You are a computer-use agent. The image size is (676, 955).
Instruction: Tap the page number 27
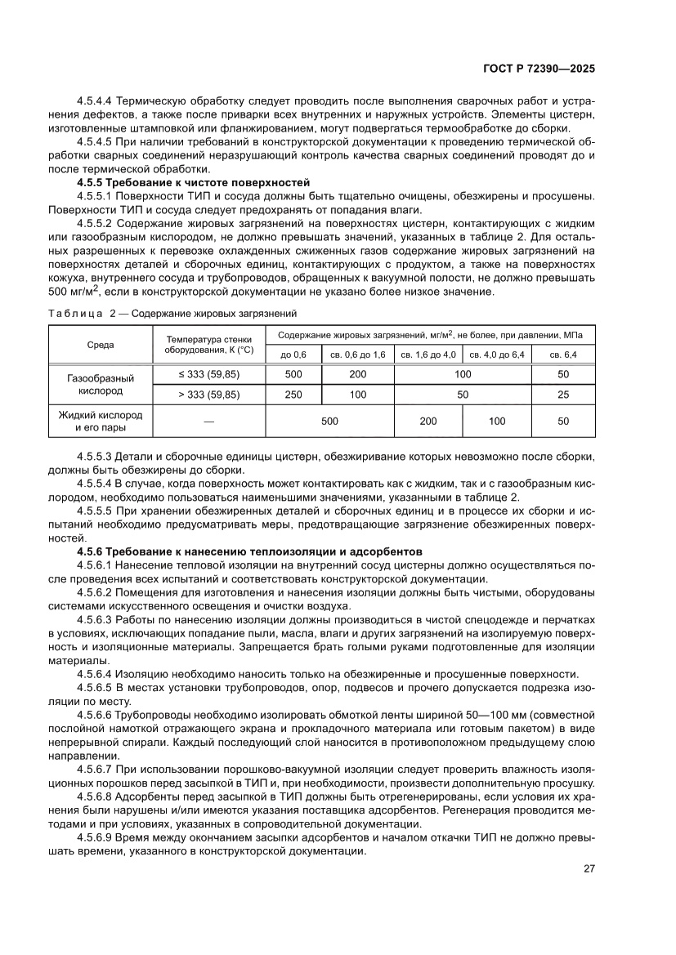coord(589,868)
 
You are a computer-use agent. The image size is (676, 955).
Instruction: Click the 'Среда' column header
coord(101,345)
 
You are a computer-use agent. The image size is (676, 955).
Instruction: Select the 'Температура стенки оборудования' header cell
coord(209,345)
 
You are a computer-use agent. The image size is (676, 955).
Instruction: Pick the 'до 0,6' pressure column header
coord(293,355)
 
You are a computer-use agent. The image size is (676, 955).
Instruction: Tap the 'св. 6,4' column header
coord(562,355)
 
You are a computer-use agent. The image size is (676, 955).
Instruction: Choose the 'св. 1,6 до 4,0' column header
coord(428,355)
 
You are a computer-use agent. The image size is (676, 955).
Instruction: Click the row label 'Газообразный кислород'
coord(101,384)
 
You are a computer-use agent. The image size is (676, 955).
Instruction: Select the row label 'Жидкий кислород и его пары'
coord(101,421)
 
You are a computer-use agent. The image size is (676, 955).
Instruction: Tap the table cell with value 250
coord(293,394)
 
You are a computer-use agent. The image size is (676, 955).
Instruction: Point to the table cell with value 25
coord(562,394)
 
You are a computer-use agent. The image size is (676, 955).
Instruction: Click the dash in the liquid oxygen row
coord(209,422)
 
